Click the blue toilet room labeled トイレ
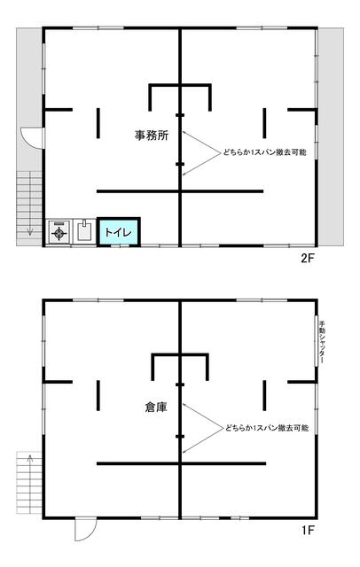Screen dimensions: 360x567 [x=118, y=232]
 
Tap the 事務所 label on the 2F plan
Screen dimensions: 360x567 [x=152, y=136]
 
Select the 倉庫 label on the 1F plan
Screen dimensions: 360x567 [x=156, y=408]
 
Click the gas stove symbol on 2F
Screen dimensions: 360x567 [x=59, y=231]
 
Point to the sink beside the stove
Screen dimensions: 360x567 [x=84, y=230]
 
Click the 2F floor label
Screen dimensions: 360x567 [x=308, y=258]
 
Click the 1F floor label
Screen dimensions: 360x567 [x=308, y=531]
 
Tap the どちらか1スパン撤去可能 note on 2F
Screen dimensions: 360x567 [x=264, y=152]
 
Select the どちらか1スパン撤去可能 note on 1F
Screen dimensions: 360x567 [x=267, y=428]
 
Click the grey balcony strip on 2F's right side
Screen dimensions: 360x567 [x=331, y=137]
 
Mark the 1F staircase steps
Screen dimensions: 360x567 [x=29, y=483]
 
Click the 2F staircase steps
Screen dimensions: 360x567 [x=29, y=208]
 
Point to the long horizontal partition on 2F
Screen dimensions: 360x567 [x=180, y=191]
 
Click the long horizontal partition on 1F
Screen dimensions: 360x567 [x=181, y=463]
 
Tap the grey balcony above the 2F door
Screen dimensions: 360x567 [x=29, y=78]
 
